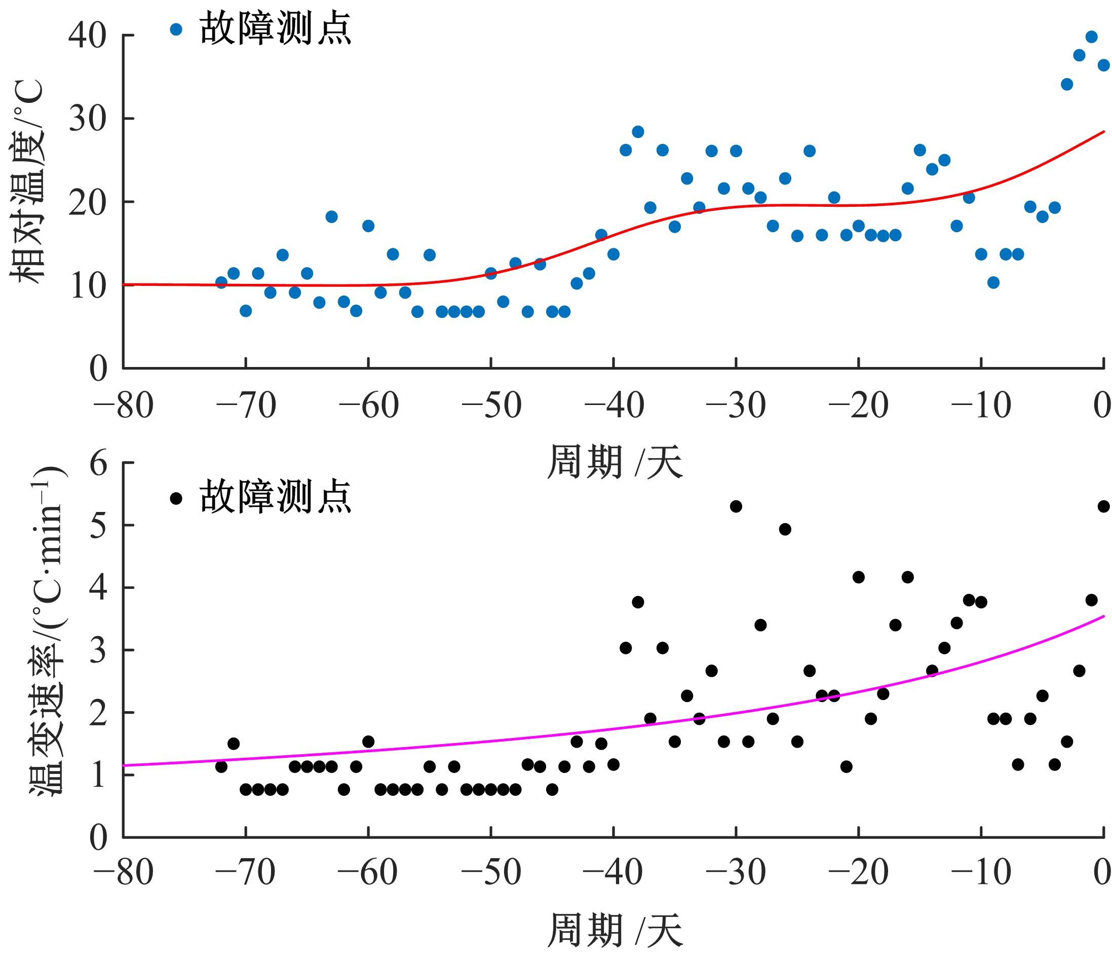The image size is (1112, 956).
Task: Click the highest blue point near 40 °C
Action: [x=1091, y=37]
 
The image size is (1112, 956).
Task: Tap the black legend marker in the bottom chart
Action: [x=176, y=498]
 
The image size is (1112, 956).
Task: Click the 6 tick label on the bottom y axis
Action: [x=99, y=463]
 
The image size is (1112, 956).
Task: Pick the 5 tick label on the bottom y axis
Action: [x=99, y=526]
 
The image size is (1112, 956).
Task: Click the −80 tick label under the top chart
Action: [x=123, y=406]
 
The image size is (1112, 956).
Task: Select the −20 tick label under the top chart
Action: [x=859, y=406]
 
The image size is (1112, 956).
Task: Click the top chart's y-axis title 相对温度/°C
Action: [x=27, y=182]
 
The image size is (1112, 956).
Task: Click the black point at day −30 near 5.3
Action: [x=736, y=506]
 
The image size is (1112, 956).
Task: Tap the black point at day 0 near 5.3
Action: [x=1103, y=506]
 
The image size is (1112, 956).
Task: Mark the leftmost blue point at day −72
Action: [x=221, y=282]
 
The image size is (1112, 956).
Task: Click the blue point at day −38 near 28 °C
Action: [x=638, y=132]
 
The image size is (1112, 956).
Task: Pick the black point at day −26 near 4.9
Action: [x=785, y=530]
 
